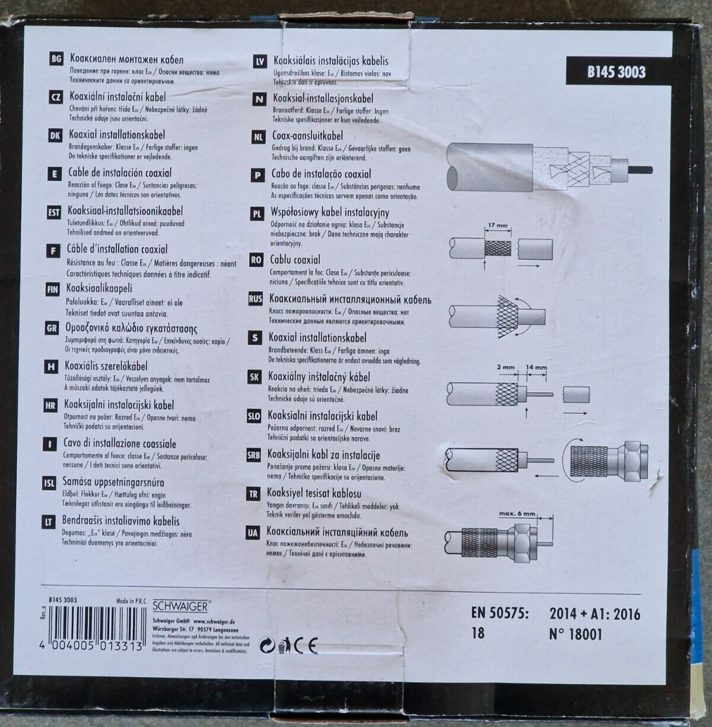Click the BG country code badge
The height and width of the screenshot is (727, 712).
(57, 59)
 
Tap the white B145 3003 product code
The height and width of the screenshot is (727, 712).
(616, 72)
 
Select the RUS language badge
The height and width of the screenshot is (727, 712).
(255, 300)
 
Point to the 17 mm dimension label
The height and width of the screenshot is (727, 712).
(496, 226)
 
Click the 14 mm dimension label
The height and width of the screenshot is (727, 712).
(536, 367)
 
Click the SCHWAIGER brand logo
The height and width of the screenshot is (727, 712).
(181, 606)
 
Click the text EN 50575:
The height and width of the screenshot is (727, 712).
(500, 613)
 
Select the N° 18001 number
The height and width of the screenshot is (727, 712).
(576, 634)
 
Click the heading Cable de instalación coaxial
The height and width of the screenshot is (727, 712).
(120, 173)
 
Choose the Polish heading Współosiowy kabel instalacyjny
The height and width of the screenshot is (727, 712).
(330, 212)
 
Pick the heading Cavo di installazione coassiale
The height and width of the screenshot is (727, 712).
(120, 443)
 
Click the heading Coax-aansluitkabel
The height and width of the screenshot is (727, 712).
(307, 136)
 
